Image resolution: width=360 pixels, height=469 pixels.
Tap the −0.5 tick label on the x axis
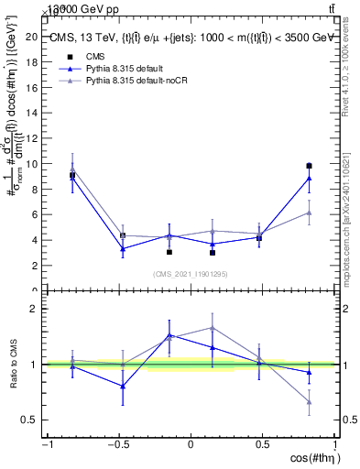117,446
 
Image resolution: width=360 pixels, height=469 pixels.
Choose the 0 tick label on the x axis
191,446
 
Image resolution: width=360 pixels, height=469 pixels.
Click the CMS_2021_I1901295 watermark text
191,274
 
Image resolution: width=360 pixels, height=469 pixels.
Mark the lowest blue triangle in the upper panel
122,249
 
